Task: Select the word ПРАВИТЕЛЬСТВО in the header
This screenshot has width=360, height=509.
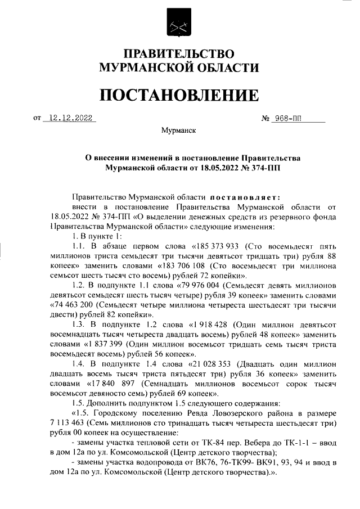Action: (x=179, y=55)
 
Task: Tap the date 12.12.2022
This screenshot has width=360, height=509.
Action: (x=70, y=118)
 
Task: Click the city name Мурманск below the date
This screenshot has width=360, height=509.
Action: (x=178, y=130)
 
